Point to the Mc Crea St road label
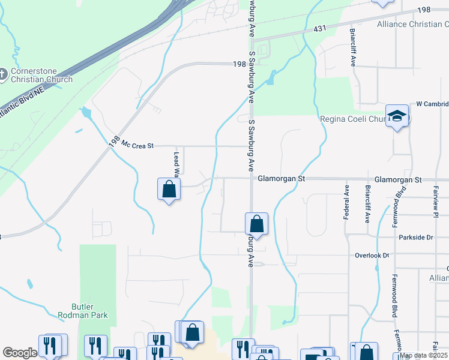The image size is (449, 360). coord(138,145)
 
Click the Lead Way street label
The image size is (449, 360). coord(177,164)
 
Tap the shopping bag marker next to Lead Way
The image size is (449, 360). coord(169,189)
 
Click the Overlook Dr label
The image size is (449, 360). coord(372,255)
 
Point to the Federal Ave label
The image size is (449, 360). coord(346,202)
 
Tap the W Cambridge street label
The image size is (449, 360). coord(432,104)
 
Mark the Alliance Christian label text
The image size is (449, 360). coord(412,25)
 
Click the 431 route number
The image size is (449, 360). coord(320,29)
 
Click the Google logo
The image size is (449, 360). coord(20,353)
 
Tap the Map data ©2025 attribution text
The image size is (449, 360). coord(424,356)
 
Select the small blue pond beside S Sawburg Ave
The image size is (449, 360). coord(272,77)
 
